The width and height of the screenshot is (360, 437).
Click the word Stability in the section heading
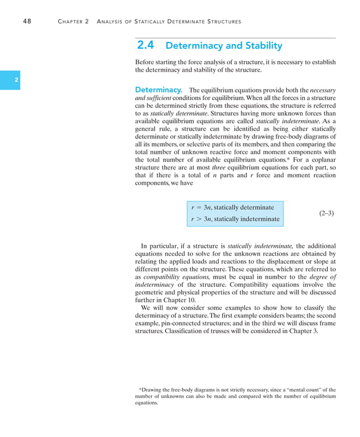tap(260, 46)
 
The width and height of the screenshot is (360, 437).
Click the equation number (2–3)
tap(326, 213)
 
